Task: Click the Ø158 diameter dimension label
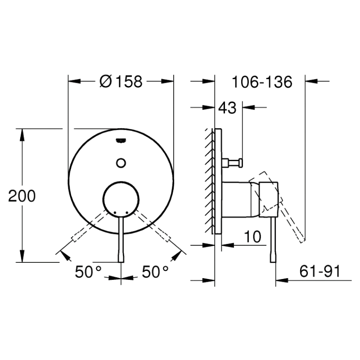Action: [x=121, y=81]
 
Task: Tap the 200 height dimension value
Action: [x=22, y=196]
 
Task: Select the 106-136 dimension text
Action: [x=262, y=82]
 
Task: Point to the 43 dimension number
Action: [x=227, y=108]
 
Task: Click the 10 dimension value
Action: [x=252, y=237]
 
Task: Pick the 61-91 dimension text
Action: [x=320, y=271]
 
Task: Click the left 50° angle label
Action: [x=88, y=272]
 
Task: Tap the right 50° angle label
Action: [x=155, y=272]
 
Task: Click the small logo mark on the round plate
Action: [x=121, y=140]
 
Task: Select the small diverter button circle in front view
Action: [x=121, y=163]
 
